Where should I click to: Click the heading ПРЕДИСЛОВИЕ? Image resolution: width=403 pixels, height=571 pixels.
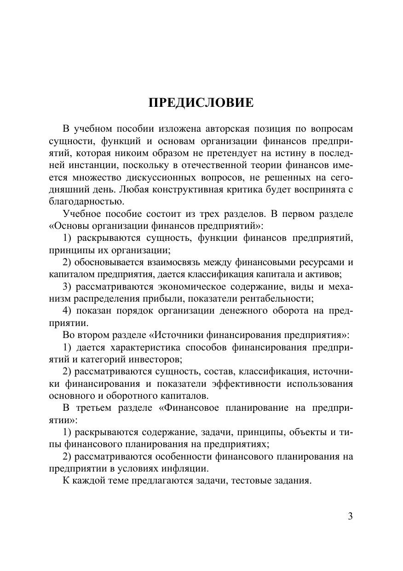tap(201, 103)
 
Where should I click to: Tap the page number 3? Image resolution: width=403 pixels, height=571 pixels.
tap(350, 516)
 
